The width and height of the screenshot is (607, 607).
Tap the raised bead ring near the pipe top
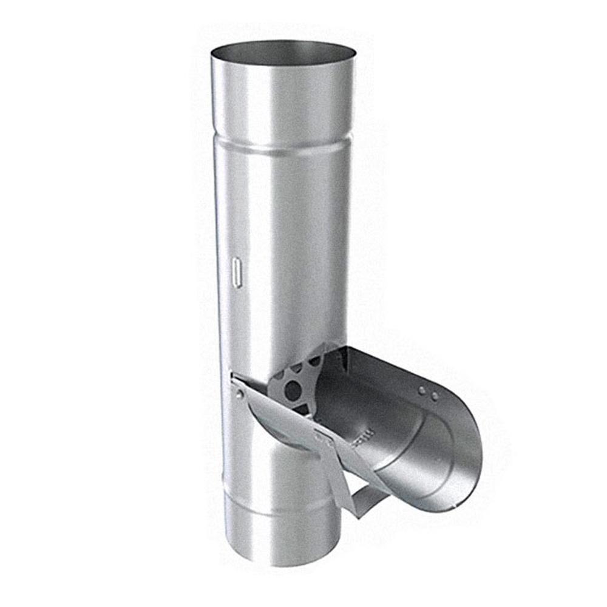[282, 146]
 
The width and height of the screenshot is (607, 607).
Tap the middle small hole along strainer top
[297, 367]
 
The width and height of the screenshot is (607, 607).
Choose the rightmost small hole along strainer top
[314, 360]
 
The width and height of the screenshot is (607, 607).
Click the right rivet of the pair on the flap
[435, 396]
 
